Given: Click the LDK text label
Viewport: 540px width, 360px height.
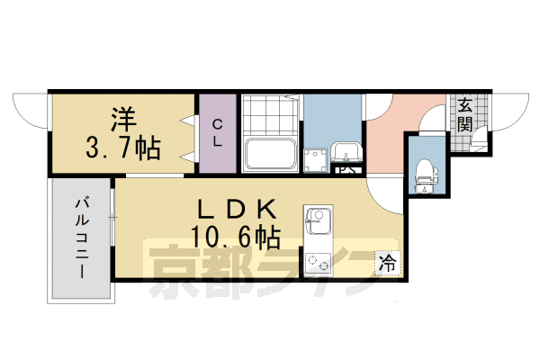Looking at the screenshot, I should click(235, 208).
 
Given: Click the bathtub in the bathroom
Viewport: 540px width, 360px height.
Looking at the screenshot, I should click(272, 157).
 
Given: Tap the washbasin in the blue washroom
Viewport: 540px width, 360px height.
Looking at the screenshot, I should click(344, 153).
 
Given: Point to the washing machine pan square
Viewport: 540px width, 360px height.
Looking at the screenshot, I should click(317, 160).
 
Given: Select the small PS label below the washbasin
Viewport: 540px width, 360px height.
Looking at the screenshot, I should click(346, 168).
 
